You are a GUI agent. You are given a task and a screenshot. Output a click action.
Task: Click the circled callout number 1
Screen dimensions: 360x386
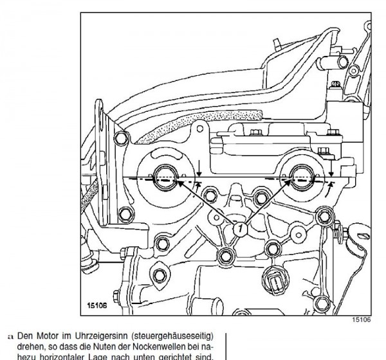[x=239, y=228]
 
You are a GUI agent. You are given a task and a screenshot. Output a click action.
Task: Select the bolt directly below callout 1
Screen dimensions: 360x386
[x=226, y=258]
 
